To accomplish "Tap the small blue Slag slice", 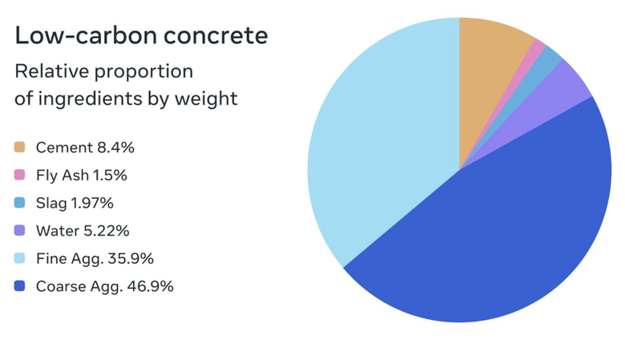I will coord(548,58).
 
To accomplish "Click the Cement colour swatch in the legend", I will coord(20,148).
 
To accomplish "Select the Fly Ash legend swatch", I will coord(20,176).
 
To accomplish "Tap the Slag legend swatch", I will coord(20,203).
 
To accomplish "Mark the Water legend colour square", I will coord(20,231).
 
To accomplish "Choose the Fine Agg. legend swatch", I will coord(20,258).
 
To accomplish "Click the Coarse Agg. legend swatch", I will coord(20,286).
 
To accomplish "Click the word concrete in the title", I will coord(213,36).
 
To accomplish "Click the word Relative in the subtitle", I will coord(46,71).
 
